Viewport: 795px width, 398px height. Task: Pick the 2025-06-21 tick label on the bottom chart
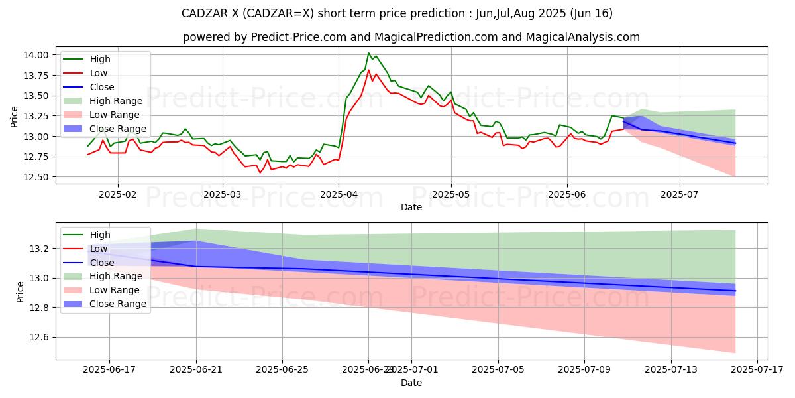(196, 369)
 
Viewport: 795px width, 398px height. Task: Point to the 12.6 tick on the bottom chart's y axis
(40, 338)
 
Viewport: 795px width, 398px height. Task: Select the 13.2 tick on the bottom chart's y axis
(40, 249)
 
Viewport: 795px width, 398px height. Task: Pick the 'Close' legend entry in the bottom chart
(101, 262)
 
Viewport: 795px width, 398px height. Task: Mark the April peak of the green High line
(368, 53)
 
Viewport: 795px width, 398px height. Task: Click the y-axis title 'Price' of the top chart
(15, 116)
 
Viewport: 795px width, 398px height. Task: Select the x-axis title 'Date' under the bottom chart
(411, 383)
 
